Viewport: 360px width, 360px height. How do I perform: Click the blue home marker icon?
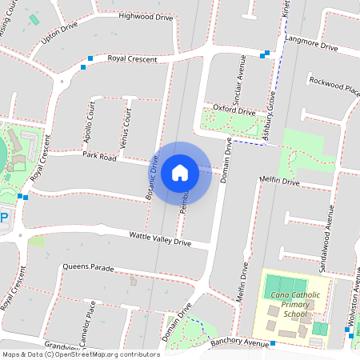pos(180,172)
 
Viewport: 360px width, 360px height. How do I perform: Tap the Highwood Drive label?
pos(145,16)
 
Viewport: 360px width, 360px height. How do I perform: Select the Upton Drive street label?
pos(61,38)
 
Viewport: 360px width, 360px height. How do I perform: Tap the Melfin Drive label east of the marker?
pos(278,182)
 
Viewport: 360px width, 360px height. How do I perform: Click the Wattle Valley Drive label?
pos(160,237)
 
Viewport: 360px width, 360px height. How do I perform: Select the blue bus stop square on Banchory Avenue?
pos(273,343)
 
